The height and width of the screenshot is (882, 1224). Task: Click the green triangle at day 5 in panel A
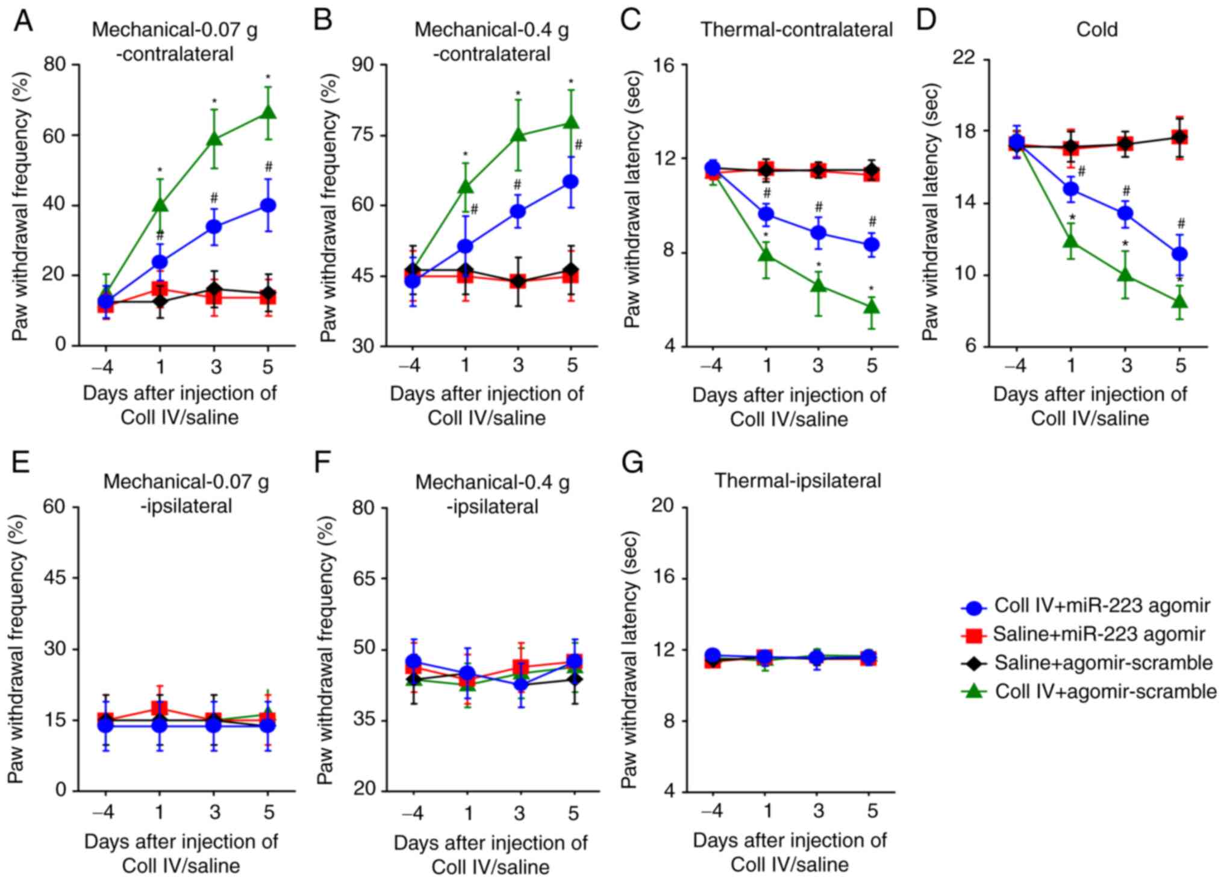click(268, 113)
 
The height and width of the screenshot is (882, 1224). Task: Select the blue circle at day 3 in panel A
click(214, 226)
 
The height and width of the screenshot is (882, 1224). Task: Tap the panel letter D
click(926, 22)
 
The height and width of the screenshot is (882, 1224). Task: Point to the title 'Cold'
click(1097, 30)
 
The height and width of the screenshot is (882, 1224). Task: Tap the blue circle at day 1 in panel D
click(1070, 189)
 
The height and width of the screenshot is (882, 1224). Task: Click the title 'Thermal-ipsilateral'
click(798, 480)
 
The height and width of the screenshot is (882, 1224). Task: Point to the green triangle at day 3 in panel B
click(518, 135)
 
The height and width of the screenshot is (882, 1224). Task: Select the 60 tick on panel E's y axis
click(54, 507)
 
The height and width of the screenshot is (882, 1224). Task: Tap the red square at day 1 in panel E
click(160, 709)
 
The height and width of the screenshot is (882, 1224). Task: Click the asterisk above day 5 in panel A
click(268, 78)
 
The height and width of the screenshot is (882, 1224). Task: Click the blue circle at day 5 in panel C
click(872, 244)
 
